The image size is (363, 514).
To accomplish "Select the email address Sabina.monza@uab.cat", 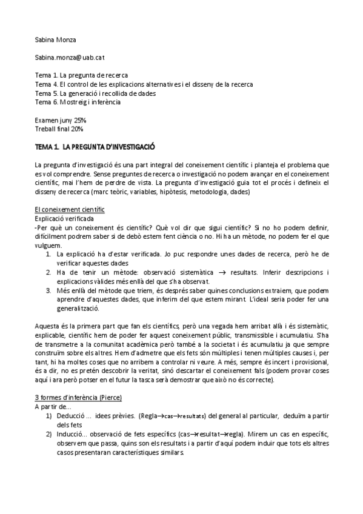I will click(x=70, y=57).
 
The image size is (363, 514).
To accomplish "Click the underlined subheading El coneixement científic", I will click(x=70, y=210).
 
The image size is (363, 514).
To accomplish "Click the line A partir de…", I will click(x=53, y=407).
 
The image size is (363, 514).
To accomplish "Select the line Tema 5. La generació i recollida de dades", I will click(x=95, y=93).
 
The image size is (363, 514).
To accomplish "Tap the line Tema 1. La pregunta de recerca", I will click(x=81, y=75).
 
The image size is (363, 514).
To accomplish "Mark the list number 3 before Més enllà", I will click(x=48, y=291).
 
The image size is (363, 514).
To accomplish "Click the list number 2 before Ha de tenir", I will click(x=48, y=273).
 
